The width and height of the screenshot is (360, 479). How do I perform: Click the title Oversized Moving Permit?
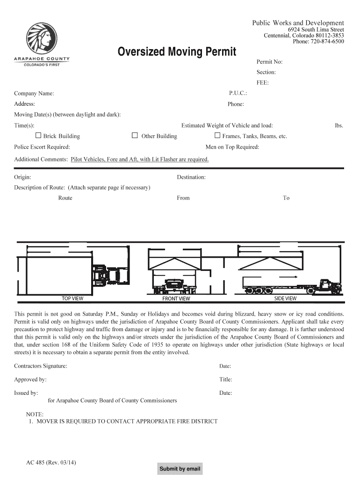(177, 51)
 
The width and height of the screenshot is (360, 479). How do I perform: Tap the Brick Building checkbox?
(38, 136)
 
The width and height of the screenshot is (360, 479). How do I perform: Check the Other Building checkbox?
(135, 136)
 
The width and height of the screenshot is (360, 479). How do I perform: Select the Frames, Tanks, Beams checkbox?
(217, 136)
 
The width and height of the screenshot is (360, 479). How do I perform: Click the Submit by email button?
(180, 469)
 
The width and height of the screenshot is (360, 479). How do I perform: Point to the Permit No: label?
(269, 62)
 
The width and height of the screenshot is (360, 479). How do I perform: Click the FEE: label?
(263, 83)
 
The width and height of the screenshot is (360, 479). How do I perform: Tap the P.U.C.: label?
(238, 93)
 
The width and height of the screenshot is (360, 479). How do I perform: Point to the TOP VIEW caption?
(72, 298)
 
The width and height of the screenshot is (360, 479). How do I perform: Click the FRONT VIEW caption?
(176, 298)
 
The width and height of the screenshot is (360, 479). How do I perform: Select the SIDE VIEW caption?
(285, 298)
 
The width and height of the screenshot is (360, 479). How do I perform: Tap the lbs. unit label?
(339, 125)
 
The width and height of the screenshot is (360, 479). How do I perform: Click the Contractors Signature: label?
(41, 366)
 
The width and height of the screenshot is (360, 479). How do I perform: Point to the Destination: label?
(191, 177)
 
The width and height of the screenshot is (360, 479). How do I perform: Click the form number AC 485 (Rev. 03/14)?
(51, 463)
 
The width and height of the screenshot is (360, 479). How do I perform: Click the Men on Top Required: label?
(232, 147)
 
